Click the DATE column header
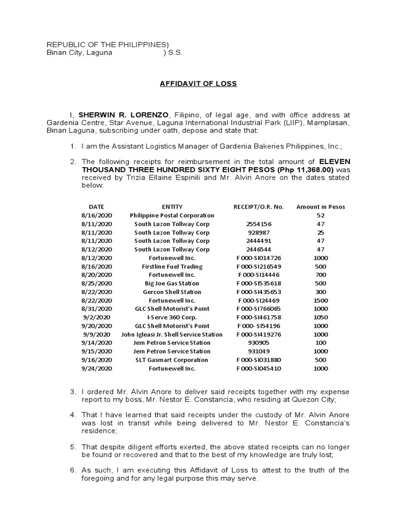coord(96,207)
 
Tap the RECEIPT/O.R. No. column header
coord(258,207)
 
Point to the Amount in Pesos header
coord(320,207)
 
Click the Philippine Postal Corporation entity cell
coord(172,215)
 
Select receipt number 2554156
coord(258,224)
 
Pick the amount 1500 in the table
coord(320,300)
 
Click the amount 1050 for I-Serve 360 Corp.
coord(320,317)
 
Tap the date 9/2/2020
coord(96,317)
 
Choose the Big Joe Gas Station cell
coord(172,284)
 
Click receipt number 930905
coord(258,343)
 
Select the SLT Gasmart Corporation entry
coord(172,360)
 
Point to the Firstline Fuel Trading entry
coord(172,267)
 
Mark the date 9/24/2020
coord(96,369)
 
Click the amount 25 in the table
coord(320,232)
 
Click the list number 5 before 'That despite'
coord(73,447)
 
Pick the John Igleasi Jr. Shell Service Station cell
coord(172,334)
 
